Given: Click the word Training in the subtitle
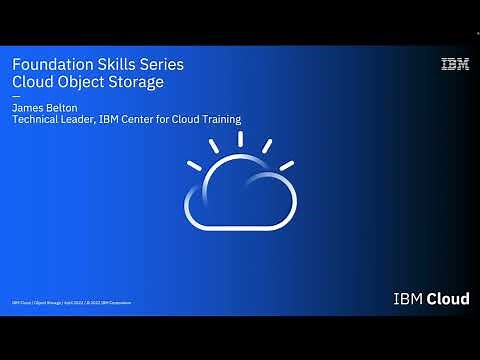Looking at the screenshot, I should click(219, 120).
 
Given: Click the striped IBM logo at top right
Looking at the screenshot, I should click(455, 65).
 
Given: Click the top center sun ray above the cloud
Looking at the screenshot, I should click(239, 141).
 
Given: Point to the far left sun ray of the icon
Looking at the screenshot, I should click(193, 165).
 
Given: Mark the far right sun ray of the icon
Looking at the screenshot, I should click(286, 165).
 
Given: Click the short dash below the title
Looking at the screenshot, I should click(15, 96).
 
